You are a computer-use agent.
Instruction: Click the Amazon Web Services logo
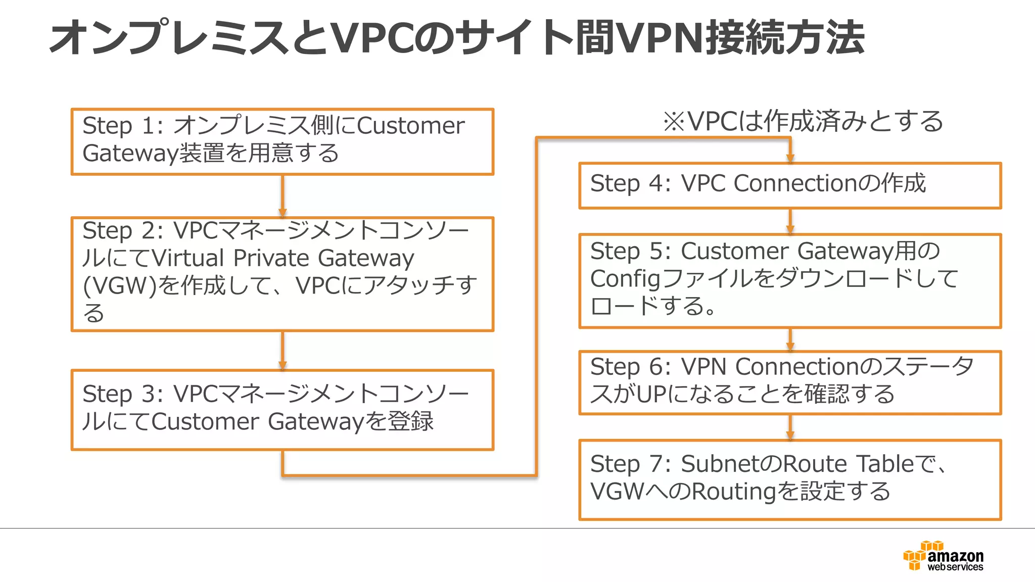943,556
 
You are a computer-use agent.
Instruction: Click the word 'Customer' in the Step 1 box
410,126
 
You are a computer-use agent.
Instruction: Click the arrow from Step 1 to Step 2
283,196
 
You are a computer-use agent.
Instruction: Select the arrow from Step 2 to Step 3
283,351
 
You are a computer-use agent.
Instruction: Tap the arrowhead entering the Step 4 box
790,157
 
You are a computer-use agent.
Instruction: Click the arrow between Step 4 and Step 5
790,221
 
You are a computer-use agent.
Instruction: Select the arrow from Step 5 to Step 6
790,339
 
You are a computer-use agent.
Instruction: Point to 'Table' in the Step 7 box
884,464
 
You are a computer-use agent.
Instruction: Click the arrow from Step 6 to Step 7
790,427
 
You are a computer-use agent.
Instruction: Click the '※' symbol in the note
674,122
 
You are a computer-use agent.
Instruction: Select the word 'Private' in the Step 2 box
271,258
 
